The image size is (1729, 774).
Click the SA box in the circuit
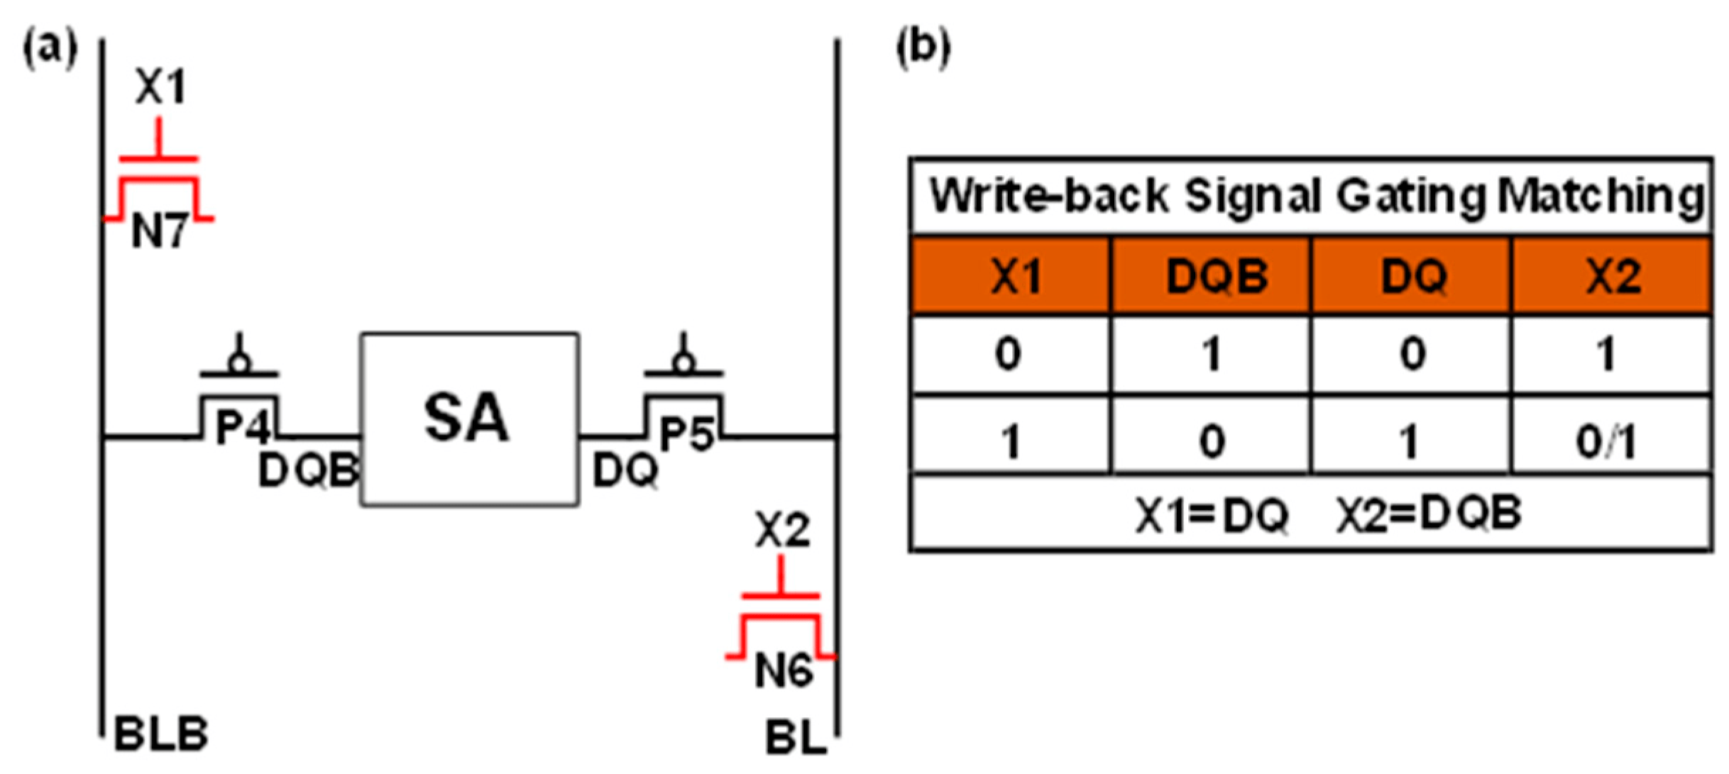(469, 419)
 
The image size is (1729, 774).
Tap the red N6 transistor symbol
(781, 628)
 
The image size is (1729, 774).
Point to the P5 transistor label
(686, 434)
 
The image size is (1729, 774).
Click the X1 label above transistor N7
(160, 87)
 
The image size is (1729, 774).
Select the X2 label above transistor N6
(782, 529)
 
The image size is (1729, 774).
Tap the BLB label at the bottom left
(162, 734)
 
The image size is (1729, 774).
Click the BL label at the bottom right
(796, 738)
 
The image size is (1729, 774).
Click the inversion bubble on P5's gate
(684, 363)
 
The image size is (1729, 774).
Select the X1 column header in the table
(1016, 276)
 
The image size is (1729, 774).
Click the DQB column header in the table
(1217, 276)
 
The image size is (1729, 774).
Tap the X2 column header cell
(1613, 276)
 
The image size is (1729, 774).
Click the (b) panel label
(923, 48)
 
